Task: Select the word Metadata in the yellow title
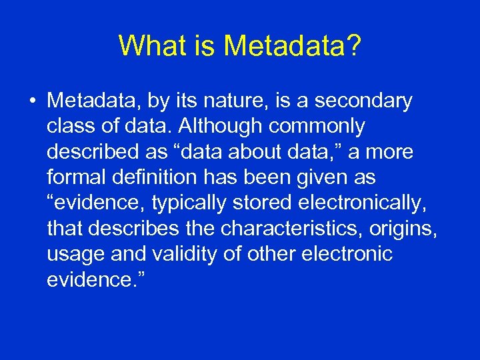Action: coord(284,45)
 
